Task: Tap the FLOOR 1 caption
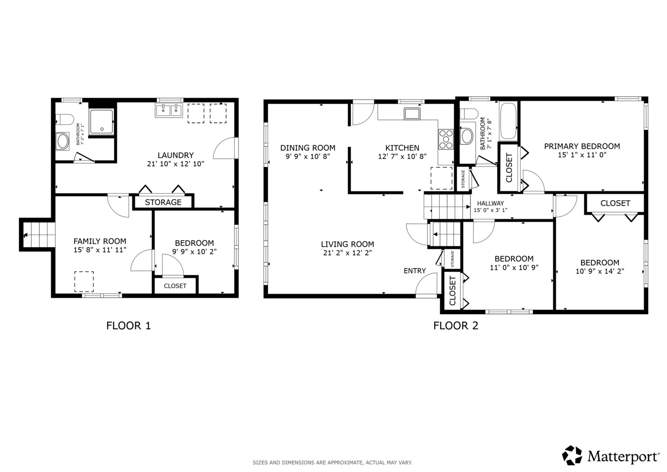pos(128,326)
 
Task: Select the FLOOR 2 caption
pos(456,326)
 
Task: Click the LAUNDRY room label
pos(176,155)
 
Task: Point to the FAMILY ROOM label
pos(100,241)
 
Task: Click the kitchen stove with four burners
pos(446,139)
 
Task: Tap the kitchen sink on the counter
pos(412,114)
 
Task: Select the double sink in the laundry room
pos(169,111)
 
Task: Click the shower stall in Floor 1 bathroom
pos(102,121)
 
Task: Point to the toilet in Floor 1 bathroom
pos(65,119)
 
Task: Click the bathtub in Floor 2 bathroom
pos(508,121)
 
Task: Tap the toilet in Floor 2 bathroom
pos(469,114)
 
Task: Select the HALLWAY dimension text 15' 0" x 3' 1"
pos(491,210)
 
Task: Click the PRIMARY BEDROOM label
pos(582,146)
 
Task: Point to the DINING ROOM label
pos(308,148)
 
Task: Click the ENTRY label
pos(415,271)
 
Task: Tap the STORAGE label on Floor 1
pos(163,202)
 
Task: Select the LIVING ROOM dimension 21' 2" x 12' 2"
pos(348,253)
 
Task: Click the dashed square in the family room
pos(84,281)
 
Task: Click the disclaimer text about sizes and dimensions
pos(332,463)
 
